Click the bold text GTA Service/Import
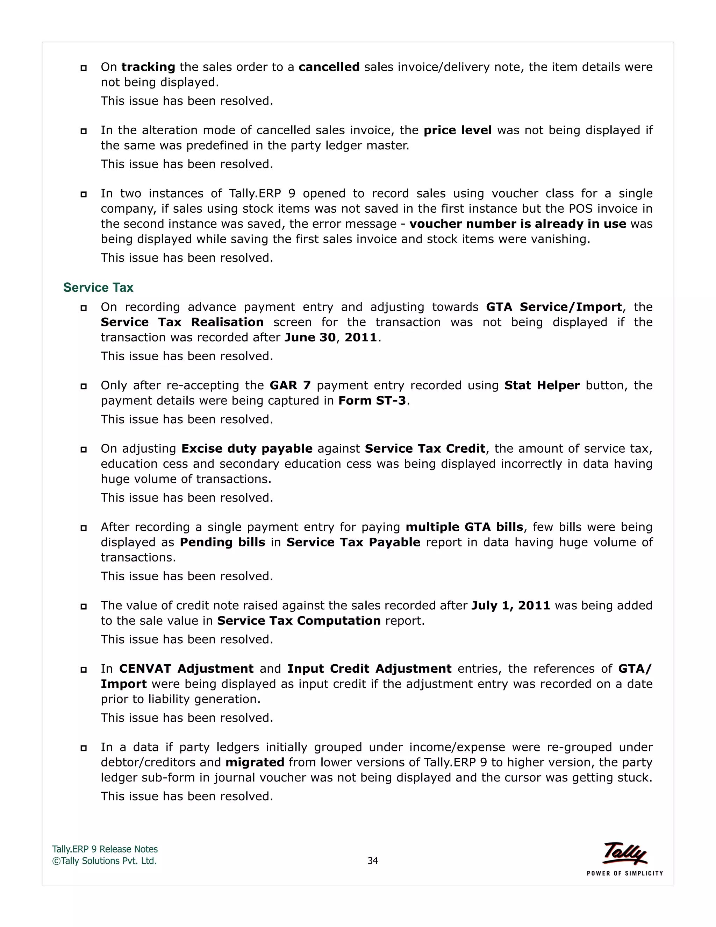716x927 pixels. coord(553,307)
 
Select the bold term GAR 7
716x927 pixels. coord(290,385)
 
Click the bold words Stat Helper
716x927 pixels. coord(542,385)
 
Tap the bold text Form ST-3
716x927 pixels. coord(372,401)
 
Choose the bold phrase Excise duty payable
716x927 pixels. coord(247,449)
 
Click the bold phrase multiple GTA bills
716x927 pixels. coord(464,527)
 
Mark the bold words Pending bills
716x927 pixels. coord(222,543)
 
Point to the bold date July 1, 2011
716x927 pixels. coord(510,606)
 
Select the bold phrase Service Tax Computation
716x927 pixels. coord(299,621)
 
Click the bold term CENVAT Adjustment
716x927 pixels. coord(186,669)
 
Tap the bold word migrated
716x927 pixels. coord(255,763)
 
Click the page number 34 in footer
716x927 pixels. coord(372,861)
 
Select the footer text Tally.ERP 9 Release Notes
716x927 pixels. coord(105,849)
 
